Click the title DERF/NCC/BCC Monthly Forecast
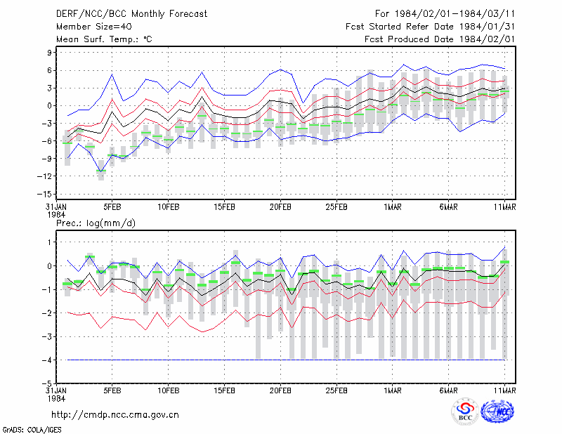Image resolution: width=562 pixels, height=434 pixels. pyautogui.click(x=131, y=14)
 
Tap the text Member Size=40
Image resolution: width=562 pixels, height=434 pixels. pyautogui.click(x=94, y=27)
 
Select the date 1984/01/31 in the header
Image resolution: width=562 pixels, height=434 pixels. pyautogui.click(x=487, y=27)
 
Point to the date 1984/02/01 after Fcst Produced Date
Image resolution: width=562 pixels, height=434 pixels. pyautogui.click(x=487, y=39)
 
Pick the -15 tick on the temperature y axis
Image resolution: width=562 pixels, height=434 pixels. pyautogui.click(x=46, y=194)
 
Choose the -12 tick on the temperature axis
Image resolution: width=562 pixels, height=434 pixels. pyautogui.click(x=46, y=176)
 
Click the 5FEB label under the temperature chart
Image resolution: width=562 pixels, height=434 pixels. pyautogui.click(x=112, y=207)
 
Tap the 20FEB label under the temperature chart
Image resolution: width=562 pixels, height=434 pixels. pyautogui.click(x=280, y=207)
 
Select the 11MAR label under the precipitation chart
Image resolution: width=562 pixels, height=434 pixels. pyautogui.click(x=504, y=390)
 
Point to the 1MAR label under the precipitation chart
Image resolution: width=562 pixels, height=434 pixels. pyautogui.click(x=393, y=390)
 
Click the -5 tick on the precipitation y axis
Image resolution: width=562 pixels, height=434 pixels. pyautogui.click(x=46, y=383)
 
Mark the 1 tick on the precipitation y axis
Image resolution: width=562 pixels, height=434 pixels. pyautogui.click(x=50, y=242)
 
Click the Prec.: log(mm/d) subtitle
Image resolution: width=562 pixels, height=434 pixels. pyautogui.click(x=96, y=223)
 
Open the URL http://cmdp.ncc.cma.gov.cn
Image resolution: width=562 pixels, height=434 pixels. pyautogui.click(x=115, y=415)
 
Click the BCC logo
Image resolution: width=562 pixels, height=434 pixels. pyautogui.click(x=465, y=412)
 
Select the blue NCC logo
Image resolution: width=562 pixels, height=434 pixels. pyautogui.click(x=497, y=412)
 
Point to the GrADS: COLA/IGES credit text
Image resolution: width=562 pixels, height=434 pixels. pyautogui.click(x=32, y=430)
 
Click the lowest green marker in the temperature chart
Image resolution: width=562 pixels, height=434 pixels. pyautogui.click(x=101, y=171)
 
